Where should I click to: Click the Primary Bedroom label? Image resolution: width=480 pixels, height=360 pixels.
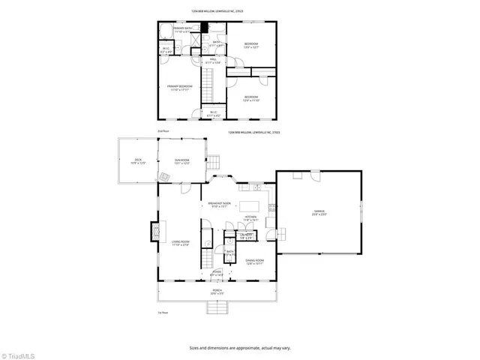[x=179, y=88]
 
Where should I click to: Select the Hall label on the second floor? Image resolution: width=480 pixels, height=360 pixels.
[x=213, y=61]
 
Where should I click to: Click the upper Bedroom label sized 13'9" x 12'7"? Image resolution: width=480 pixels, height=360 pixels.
[x=250, y=46]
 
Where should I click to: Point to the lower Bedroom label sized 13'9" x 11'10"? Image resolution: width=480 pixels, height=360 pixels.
[x=250, y=98]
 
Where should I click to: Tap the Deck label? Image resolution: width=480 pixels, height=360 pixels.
[x=138, y=160]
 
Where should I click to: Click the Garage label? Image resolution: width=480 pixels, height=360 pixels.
[x=319, y=213]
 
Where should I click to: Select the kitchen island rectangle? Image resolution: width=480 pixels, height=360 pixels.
[x=253, y=205]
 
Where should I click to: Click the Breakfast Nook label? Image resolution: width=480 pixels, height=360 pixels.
[x=220, y=205]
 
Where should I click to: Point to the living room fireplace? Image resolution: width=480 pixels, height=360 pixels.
[x=155, y=231]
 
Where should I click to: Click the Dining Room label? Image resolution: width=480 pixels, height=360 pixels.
[x=254, y=262]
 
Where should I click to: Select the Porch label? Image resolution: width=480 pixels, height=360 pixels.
[x=216, y=292]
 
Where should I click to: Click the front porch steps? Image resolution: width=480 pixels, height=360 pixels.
[x=217, y=306]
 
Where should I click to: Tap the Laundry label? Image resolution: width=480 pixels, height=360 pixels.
[x=245, y=236]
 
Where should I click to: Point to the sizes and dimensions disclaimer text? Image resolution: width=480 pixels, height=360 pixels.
[x=240, y=347]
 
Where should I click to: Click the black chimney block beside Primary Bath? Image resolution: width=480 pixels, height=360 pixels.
[x=203, y=29]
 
